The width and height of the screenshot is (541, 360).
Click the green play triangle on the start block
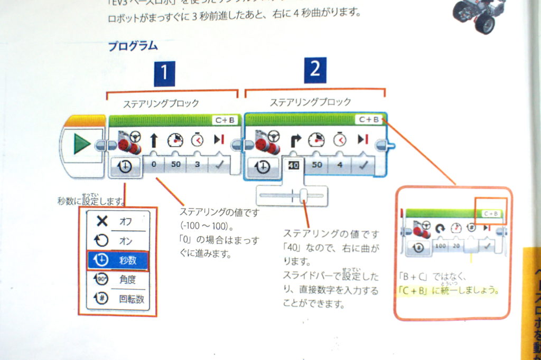(x=81, y=144)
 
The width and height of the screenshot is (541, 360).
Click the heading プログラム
(x=133, y=46)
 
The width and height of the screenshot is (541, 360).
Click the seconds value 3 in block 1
(x=197, y=165)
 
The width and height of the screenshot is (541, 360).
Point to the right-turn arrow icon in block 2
(x=295, y=140)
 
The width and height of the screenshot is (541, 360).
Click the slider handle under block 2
(x=304, y=196)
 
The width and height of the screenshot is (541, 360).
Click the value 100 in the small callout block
(x=441, y=246)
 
